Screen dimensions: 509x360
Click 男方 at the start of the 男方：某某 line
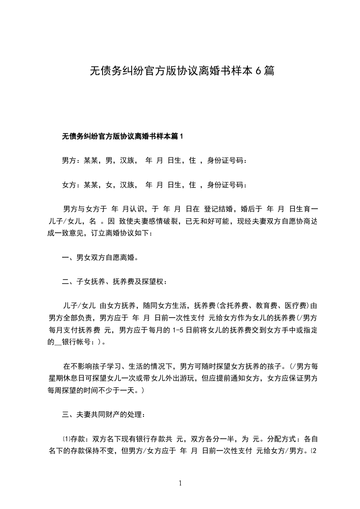click(69, 161)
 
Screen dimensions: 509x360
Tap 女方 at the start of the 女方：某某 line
click(69, 185)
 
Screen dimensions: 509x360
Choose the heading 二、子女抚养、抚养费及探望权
click(114, 282)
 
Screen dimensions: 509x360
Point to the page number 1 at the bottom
click(180, 483)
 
